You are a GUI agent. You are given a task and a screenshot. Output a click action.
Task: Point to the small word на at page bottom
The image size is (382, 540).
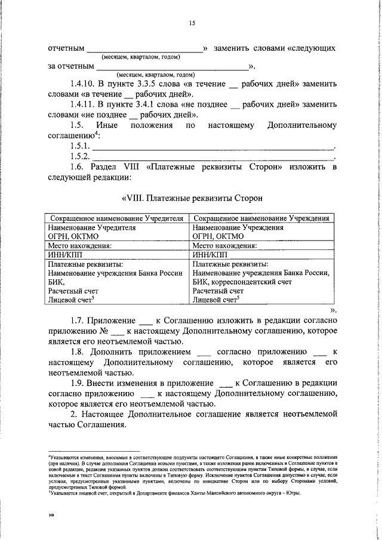(51, 528)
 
